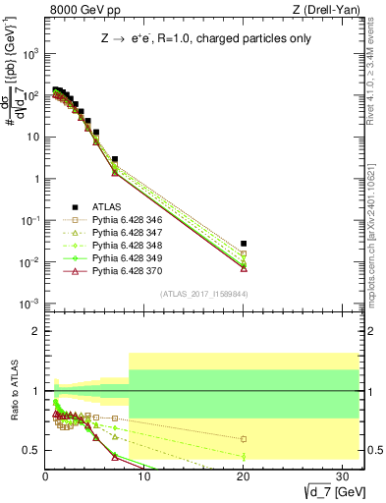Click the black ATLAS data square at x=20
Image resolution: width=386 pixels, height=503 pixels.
pos(244,243)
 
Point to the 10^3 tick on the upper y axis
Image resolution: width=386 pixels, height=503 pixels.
pos(31,55)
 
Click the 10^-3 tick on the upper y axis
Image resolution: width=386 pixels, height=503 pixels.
pos(31,303)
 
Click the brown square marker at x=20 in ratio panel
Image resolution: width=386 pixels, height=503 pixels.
pos(244,439)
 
